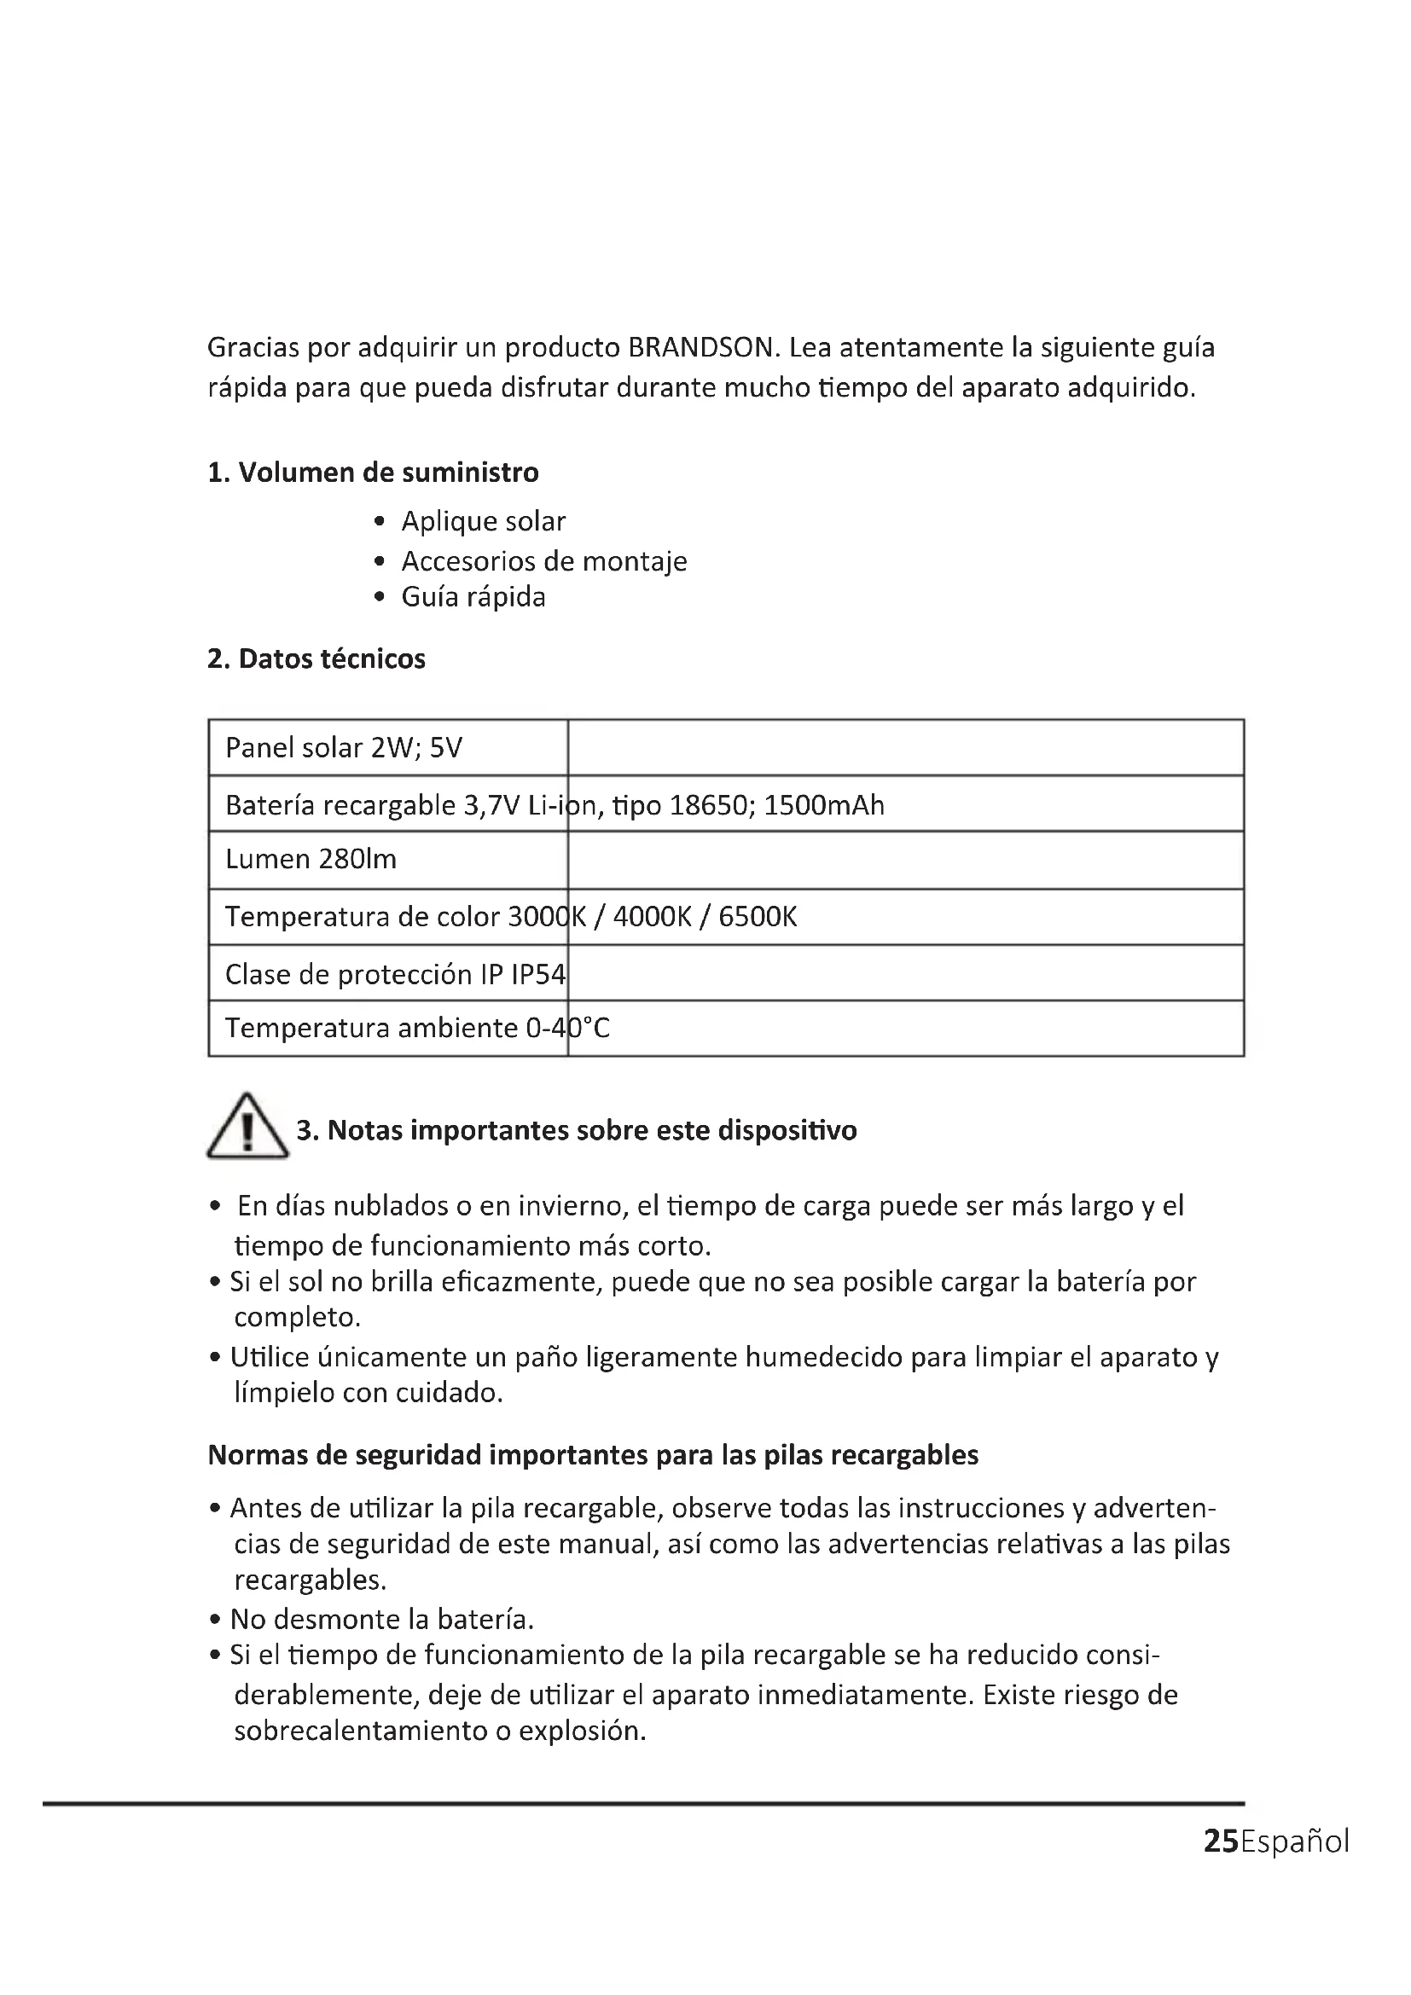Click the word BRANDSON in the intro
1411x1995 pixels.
click(x=700, y=347)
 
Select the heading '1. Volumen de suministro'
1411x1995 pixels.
click(x=373, y=473)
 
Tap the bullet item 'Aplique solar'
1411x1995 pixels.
click(x=483, y=521)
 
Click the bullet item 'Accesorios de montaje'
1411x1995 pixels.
click(x=544, y=561)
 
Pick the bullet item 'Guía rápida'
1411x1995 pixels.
click(x=473, y=597)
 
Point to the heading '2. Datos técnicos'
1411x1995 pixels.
click(x=316, y=658)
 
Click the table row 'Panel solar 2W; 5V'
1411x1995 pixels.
click(x=344, y=748)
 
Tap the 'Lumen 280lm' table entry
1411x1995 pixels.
click(x=311, y=860)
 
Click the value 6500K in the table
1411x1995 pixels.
click(x=757, y=917)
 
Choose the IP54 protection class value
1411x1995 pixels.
click(x=538, y=975)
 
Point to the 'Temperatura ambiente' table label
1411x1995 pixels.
click(x=372, y=1029)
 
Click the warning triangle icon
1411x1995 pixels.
click(x=247, y=1128)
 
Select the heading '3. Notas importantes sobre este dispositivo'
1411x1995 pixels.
click(x=577, y=1130)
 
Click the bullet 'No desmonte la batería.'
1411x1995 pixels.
click(x=381, y=1620)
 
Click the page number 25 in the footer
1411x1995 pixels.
click(x=1221, y=1841)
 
